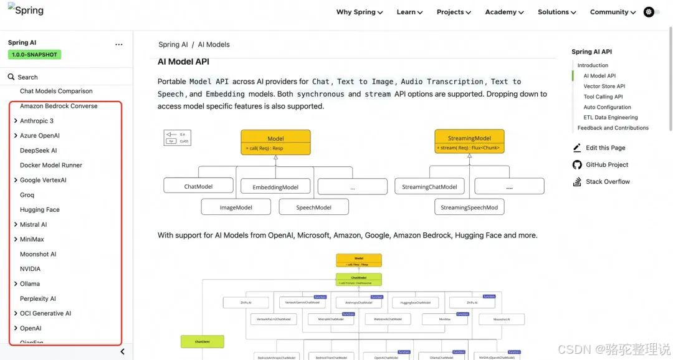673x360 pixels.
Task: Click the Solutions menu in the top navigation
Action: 556,12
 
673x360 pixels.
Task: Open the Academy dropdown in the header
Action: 504,12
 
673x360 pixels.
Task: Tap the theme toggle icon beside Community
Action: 649,12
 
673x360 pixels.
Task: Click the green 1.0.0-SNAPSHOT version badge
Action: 34,55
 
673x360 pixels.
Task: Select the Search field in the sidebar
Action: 27,77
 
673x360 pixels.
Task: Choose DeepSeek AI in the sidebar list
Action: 38,150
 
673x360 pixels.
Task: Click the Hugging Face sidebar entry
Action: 39,210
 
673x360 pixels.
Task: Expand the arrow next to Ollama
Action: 16,284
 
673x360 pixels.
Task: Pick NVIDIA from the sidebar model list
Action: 30,269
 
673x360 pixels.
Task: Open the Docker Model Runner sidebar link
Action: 51,165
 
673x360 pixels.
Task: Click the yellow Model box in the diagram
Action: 275,142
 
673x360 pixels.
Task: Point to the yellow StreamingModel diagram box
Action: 469,142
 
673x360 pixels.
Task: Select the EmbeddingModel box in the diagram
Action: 275,187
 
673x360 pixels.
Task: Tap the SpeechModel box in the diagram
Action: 313,207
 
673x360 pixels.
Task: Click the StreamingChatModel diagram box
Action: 429,186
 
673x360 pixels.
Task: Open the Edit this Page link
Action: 605,148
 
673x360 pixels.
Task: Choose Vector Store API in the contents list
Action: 604,87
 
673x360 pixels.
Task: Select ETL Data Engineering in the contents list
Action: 610,118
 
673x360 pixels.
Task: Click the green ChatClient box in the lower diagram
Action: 202,341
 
